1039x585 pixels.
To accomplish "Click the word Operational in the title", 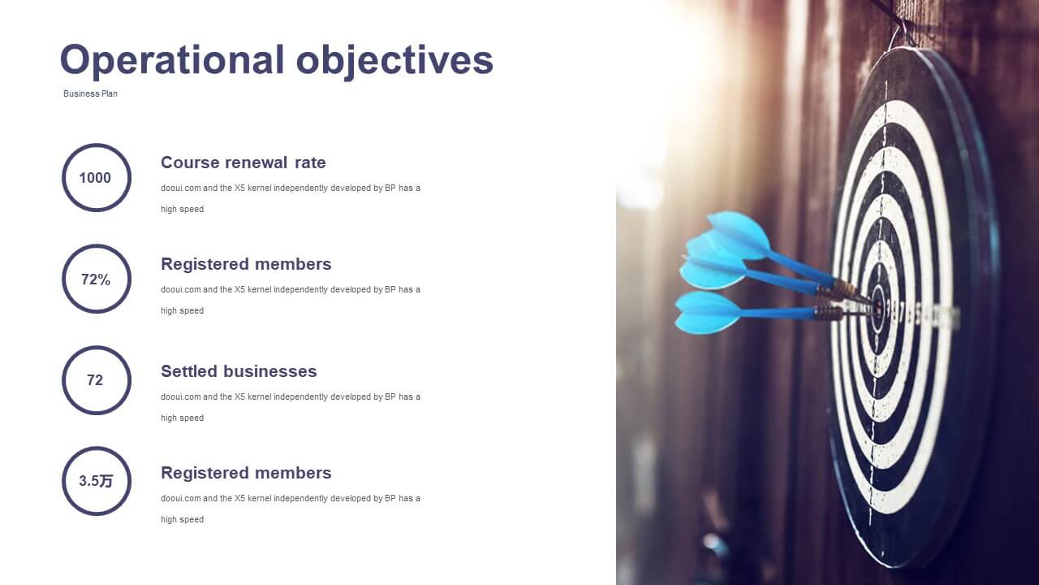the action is (172, 60).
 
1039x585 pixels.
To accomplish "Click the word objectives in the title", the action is (394, 60).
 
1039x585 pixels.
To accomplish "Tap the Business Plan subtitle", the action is (90, 93).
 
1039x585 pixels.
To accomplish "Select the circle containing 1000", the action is (63, 178).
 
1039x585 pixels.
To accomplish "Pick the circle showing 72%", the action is (63, 279).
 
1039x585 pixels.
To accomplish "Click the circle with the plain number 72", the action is (63, 380).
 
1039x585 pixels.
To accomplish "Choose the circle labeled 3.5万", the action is (63, 481).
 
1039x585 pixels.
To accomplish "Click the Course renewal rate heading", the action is (243, 162).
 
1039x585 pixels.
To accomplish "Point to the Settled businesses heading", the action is (239, 371).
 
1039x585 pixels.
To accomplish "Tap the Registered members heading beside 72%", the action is (246, 264).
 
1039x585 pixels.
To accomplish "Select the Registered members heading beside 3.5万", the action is (246, 473).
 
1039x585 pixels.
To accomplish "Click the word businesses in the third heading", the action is (270, 371).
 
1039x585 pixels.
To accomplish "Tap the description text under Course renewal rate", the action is (291, 199).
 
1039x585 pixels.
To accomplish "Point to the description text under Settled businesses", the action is (291, 407).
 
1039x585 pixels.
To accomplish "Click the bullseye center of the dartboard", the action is (878, 306).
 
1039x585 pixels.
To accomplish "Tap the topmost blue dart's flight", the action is (739, 235).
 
